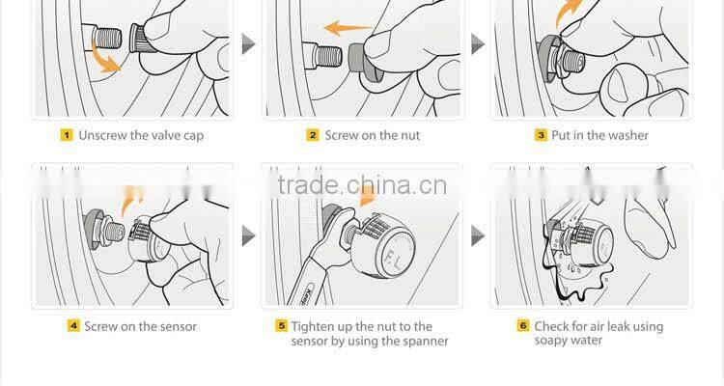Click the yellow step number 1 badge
coord(67,135)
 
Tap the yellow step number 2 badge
coord(313,135)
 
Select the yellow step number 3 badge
coord(541,135)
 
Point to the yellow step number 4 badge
coord(73,326)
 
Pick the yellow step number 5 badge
coord(281,326)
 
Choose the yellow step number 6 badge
coord(523,326)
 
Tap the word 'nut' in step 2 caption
coord(410,136)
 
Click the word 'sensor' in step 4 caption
coord(179,327)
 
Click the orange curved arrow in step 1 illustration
coord(105,57)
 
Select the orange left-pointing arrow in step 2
coord(348,28)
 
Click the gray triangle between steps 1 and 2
coord(248,43)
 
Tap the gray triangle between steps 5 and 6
coord(478,235)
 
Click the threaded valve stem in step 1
coord(107,38)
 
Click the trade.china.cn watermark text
coord(362,185)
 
